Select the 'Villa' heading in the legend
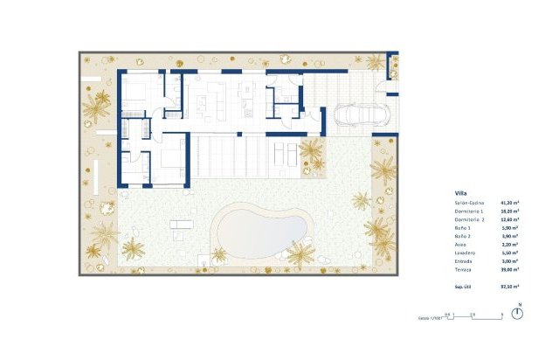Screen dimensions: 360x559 [460, 193]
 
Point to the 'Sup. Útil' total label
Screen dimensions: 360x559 [464, 286]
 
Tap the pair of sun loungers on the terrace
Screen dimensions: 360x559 [284, 155]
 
